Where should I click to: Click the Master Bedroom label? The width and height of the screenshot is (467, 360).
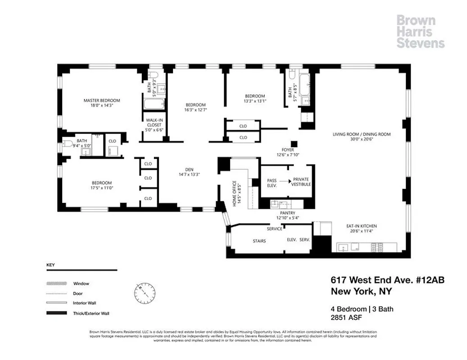pyautogui.click(x=102, y=100)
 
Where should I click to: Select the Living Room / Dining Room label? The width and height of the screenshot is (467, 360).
pyautogui.click(x=361, y=134)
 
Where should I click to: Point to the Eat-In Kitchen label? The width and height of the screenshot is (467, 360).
pyautogui.click(x=361, y=226)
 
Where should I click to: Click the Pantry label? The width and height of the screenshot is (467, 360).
pyautogui.click(x=287, y=212)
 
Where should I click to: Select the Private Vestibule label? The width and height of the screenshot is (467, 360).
pyautogui.click(x=301, y=182)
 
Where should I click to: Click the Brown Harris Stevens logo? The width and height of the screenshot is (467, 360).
pyautogui.click(x=420, y=31)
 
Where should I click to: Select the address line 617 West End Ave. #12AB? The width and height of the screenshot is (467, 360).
pyautogui.click(x=387, y=280)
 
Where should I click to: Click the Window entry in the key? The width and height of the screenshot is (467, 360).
pyautogui.click(x=81, y=283)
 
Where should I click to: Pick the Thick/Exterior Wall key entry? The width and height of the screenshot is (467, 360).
pyautogui.click(x=91, y=313)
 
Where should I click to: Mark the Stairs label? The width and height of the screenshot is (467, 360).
pyautogui.click(x=259, y=241)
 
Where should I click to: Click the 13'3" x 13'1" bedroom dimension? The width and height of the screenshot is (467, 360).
pyautogui.click(x=255, y=101)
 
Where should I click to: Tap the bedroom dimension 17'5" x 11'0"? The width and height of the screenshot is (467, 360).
pyautogui.click(x=102, y=189)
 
